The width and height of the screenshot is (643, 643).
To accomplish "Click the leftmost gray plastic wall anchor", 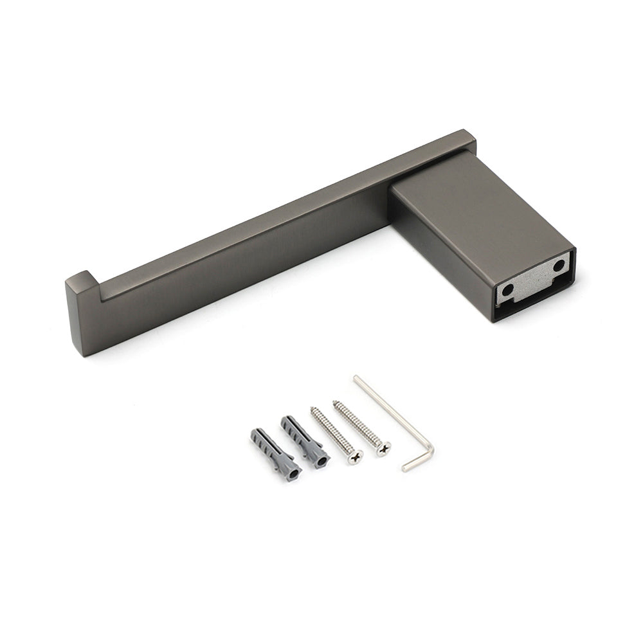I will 273,453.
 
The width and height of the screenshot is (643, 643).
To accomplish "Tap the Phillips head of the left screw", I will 355,457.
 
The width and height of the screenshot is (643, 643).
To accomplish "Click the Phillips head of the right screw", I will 383,448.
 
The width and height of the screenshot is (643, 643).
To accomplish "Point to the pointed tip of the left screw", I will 312,409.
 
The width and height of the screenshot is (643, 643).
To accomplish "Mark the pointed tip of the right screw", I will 334,403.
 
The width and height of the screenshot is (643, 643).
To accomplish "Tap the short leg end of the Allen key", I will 406,468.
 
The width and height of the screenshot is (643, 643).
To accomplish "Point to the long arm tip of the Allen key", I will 356,379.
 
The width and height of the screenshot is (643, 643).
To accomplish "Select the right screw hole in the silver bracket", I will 558,265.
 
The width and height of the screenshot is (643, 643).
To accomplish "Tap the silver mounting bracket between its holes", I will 533,278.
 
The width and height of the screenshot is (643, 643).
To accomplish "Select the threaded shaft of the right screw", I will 358,424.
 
